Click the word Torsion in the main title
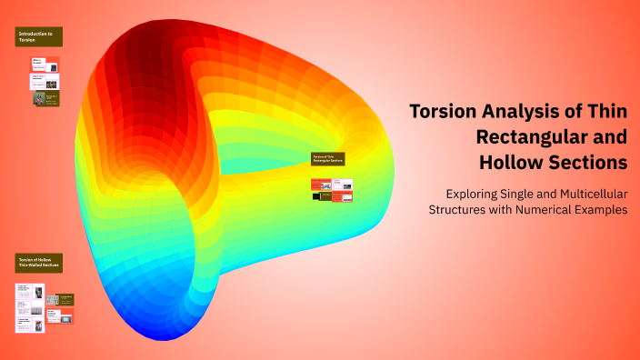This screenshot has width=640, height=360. coord(441,113)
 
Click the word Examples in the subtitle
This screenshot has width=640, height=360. coord(604,209)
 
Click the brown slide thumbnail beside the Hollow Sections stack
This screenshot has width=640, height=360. coord(65,299)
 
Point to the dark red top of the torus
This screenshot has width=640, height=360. coord(155,36)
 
